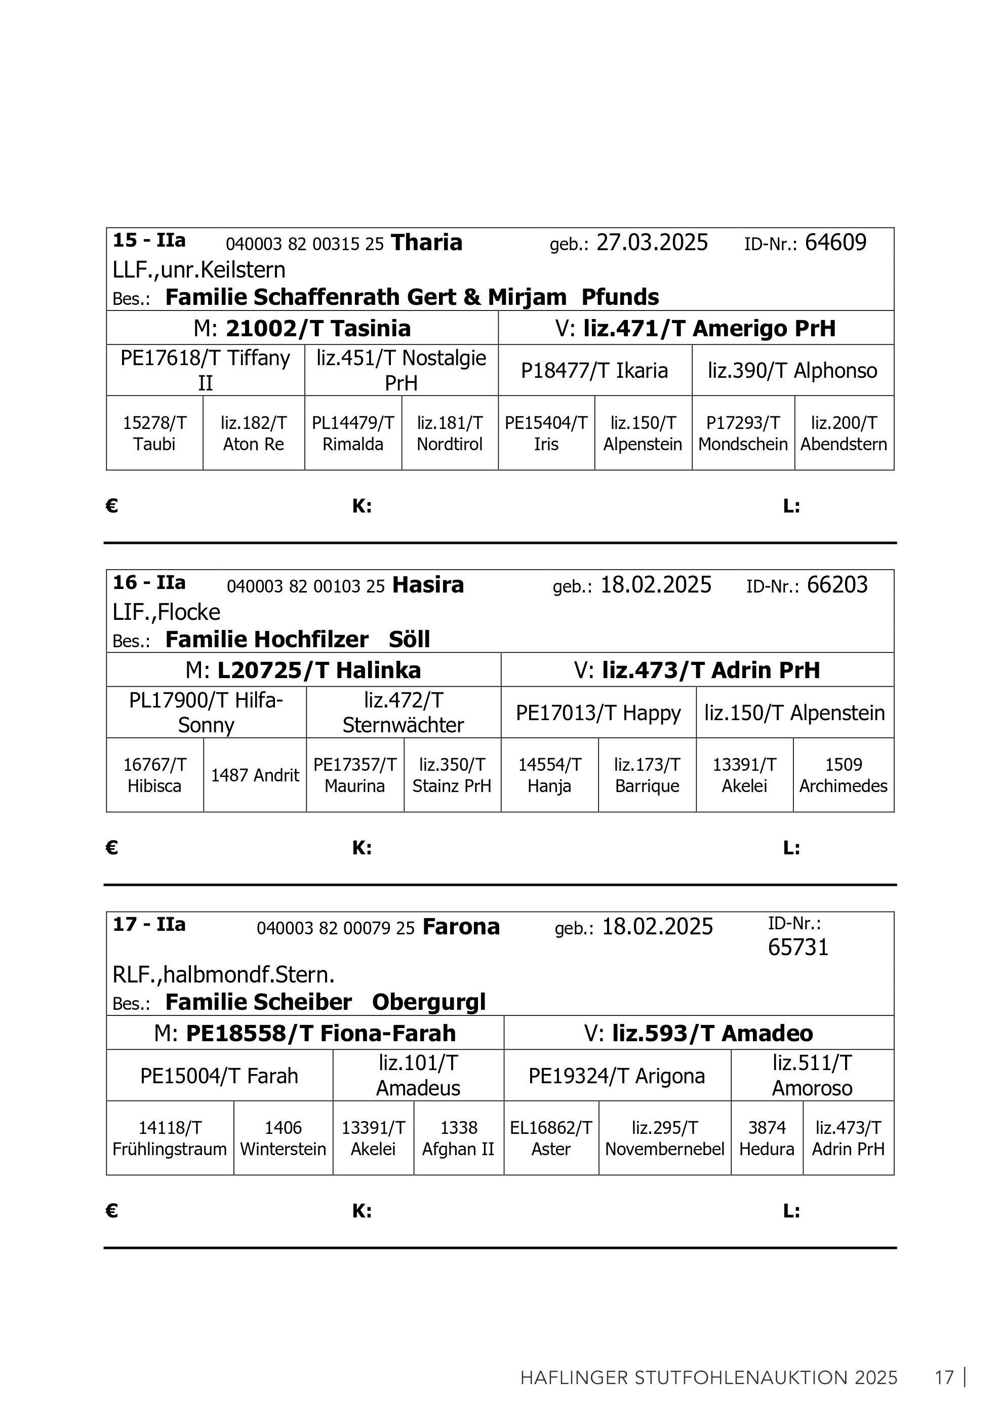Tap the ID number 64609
click(x=835, y=243)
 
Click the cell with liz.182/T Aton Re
click(x=253, y=434)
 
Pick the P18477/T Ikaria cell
click(x=594, y=371)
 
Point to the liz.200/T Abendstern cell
click(x=844, y=434)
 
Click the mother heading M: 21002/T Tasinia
click(x=302, y=328)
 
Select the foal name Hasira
click(x=427, y=585)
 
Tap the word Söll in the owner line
click(x=409, y=639)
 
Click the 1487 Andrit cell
click(x=255, y=775)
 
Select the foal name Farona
click(x=461, y=927)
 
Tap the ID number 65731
click(x=797, y=948)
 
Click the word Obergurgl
click(x=428, y=1002)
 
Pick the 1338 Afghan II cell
click(x=458, y=1138)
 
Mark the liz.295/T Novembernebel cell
click(x=664, y=1138)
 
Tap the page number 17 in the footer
click(x=944, y=1378)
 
